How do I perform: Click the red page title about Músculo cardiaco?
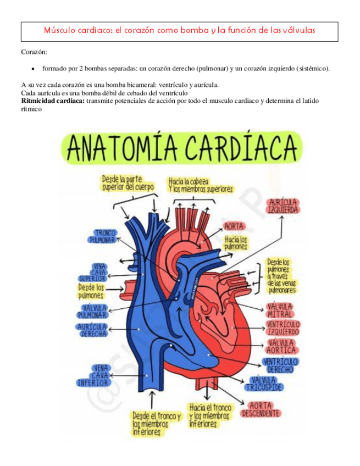pos(180,30)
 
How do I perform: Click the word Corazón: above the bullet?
pos(34,52)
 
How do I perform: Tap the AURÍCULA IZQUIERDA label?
pos(282,206)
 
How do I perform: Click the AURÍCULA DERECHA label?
pos(94,330)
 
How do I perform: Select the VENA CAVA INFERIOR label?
pos(92,375)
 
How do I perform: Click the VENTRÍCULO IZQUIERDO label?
pos(282,329)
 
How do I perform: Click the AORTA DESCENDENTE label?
pos(261,409)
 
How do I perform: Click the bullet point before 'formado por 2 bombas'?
pos(34,70)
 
